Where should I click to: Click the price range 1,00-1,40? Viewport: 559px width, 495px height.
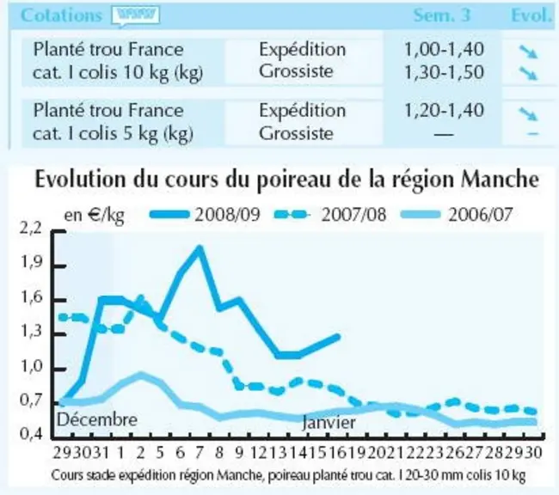444,49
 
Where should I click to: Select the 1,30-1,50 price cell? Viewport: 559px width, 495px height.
444,72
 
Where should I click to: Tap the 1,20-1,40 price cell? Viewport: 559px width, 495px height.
444,111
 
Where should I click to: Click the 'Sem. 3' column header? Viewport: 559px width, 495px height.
442,15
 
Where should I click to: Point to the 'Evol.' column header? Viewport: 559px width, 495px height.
531,15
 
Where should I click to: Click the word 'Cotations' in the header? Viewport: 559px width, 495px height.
62,15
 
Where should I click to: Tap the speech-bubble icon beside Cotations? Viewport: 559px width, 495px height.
136,16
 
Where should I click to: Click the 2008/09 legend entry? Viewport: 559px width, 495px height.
205,215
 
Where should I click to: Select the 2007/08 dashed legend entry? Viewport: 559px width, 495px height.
330,215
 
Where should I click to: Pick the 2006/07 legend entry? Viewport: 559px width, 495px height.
457,215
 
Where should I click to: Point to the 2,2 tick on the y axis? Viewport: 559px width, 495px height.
31,229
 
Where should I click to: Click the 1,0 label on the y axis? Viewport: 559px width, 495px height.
31,366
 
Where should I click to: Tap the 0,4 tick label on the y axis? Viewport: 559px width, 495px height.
31,433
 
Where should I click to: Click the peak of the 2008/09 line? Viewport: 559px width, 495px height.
200,247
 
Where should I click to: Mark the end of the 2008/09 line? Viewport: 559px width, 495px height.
338,336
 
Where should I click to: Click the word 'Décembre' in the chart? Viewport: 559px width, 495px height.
97,419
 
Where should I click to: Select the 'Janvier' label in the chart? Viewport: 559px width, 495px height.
329,423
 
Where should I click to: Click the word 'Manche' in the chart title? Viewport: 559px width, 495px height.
500,180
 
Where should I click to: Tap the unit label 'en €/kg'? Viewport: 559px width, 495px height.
94,216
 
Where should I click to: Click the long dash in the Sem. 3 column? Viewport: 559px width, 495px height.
444,134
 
